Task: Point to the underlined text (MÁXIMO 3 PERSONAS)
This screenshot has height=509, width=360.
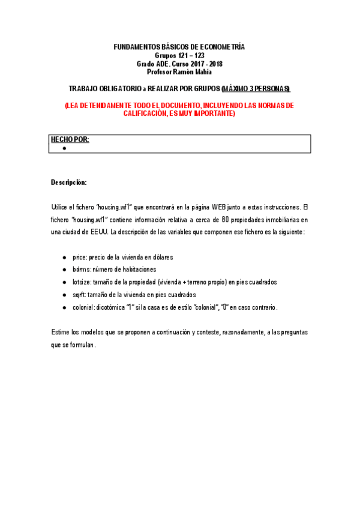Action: (x=256, y=89)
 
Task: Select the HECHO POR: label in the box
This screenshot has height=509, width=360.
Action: (x=70, y=140)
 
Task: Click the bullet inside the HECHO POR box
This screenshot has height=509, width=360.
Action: (x=64, y=148)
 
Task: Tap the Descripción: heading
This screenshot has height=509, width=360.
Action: (x=69, y=181)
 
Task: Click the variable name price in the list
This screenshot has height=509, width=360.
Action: (x=79, y=257)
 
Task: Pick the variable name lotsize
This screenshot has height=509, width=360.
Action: (x=82, y=282)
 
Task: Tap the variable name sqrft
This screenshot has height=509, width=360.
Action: (x=79, y=295)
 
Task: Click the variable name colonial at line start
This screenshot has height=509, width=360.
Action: (x=83, y=307)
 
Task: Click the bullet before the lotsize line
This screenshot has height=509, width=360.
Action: (x=64, y=282)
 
